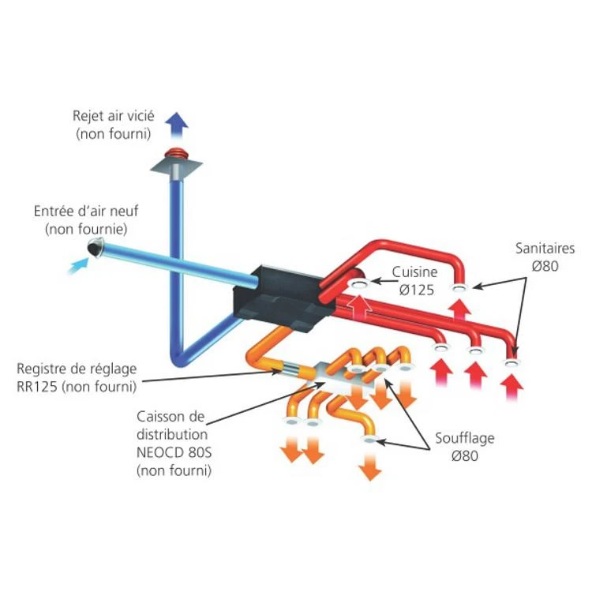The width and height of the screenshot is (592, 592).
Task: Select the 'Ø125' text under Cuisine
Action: (417, 290)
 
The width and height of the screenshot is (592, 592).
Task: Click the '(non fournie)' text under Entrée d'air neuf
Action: (87, 229)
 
